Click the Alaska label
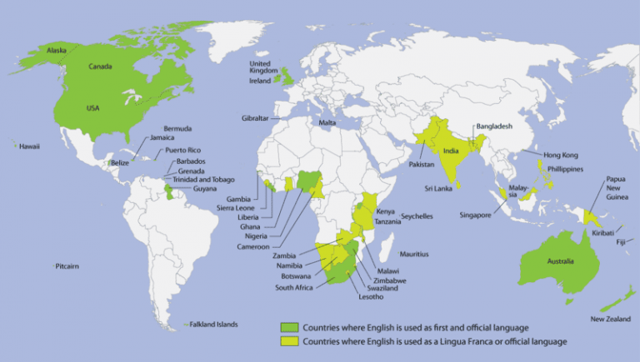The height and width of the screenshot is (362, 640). coord(57,51)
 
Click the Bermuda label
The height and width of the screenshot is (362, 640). coord(177,129)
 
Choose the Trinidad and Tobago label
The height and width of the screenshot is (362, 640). coord(205,179)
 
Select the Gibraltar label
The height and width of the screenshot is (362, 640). coord(255,118)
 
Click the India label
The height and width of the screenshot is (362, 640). coord(451,152)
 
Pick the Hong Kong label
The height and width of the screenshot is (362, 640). coord(560,155)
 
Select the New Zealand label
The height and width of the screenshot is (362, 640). coord(609,319)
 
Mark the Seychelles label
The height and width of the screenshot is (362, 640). coord(417,216)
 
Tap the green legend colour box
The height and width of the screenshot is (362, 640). coord(289,328)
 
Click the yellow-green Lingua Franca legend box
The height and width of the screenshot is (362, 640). coord(289,341)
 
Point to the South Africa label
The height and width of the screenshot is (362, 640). coord(295,288)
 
